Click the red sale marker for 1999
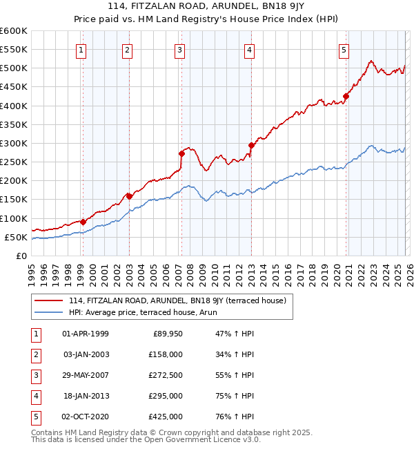(x=83, y=222)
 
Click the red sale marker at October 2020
(x=346, y=97)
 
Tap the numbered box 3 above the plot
(x=179, y=49)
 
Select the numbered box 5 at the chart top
(x=344, y=49)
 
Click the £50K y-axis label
(x=16, y=237)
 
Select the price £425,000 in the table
(x=166, y=417)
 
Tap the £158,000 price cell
(x=166, y=354)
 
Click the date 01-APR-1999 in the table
(x=86, y=334)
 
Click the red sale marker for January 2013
(x=251, y=145)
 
